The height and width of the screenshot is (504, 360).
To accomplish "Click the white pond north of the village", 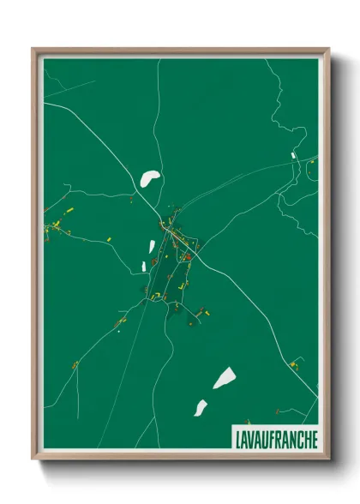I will click(150, 179).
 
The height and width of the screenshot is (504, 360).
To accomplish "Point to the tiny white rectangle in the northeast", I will click(293, 155).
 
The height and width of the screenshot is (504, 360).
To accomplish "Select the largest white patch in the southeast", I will click(224, 377).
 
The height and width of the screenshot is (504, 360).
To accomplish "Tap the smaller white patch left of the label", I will click(200, 408).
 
